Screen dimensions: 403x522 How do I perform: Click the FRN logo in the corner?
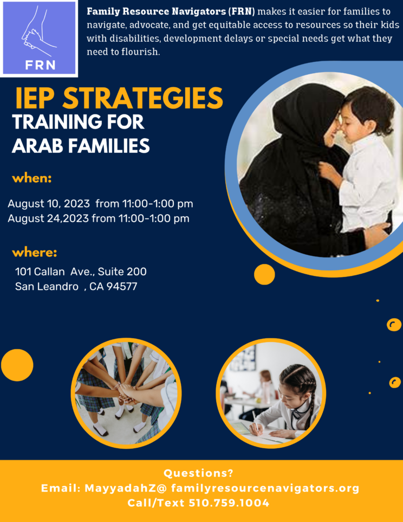(x=39, y=38)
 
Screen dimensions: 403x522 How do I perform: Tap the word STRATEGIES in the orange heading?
(x=143, y=98)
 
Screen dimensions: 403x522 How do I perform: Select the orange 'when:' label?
(x=32, y=178)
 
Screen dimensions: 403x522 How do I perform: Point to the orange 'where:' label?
(x=35, y=253)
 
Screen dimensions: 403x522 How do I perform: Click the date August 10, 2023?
(x=49, y=204)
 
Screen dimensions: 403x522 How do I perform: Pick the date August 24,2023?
(x=48, y=218)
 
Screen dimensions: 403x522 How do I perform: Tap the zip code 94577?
(x=122, y=287)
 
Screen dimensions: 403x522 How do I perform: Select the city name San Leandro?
(x=47, y=287)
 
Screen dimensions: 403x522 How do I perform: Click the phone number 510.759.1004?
(x=229, y=503)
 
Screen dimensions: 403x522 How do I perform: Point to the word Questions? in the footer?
(x=198, y=473)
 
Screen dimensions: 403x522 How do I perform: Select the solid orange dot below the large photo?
(x=264, y=275)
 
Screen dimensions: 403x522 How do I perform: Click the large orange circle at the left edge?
(x=17, y=365)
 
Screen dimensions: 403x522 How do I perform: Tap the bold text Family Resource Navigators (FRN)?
(x=171, y=11)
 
